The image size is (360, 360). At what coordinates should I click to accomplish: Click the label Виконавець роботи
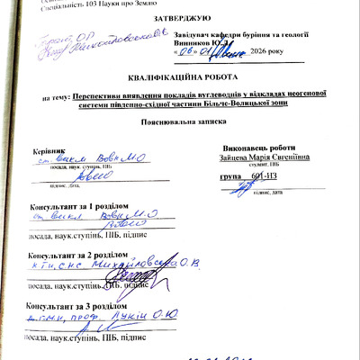point(263,147)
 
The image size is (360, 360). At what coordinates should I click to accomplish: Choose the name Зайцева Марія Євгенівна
point(265,156)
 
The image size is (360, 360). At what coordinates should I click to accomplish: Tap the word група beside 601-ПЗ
point(235,177)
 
